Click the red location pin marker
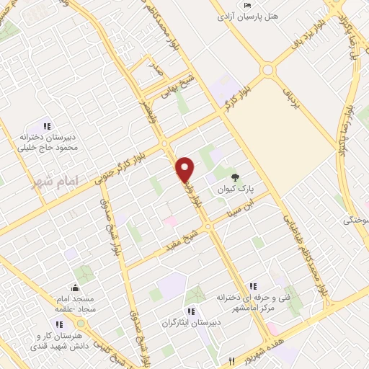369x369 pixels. tap(185, 169)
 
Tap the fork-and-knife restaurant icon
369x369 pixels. tap(231, 360)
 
